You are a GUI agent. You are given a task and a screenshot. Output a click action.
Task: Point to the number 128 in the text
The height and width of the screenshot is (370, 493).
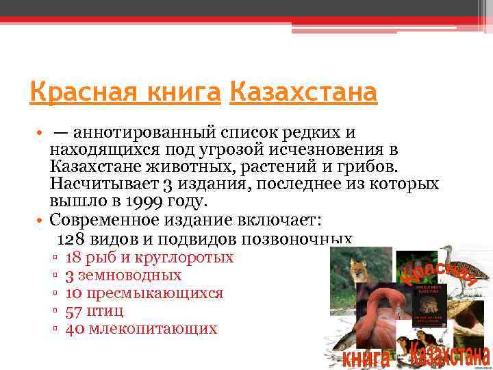click(70, 239)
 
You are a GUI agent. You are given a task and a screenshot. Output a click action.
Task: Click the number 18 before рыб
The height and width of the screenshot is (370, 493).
click(73, 258)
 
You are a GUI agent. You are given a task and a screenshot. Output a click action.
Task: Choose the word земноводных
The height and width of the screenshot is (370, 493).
click(129, 275)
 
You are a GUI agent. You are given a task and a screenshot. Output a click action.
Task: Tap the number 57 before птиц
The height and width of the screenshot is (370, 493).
click(73, 311)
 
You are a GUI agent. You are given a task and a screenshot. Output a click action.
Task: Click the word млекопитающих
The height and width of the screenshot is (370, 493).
click(151, 329)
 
